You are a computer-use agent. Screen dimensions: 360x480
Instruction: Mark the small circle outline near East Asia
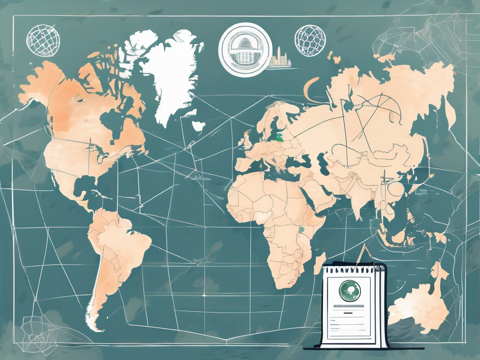394,188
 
